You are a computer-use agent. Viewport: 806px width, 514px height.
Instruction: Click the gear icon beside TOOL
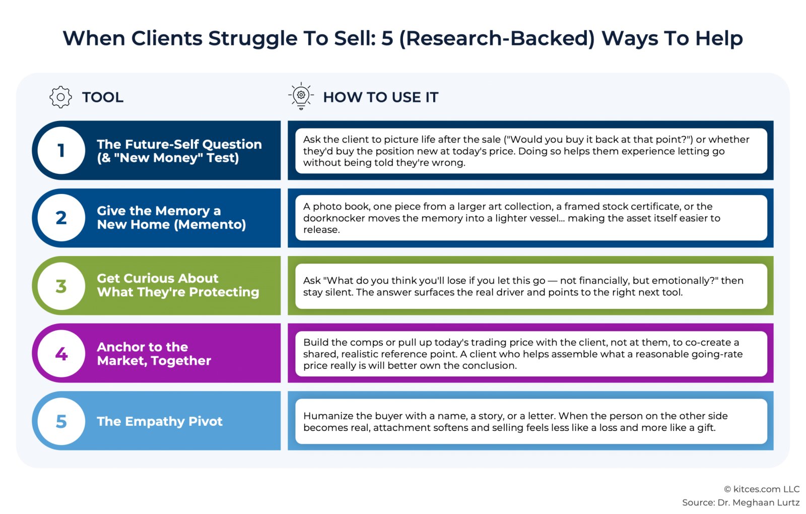pos(60,97)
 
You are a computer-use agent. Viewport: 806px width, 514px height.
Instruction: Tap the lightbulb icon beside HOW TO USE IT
pos(301,96)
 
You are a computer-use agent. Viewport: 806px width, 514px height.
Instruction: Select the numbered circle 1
pos(61,150)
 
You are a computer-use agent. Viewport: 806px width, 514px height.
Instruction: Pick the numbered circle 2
pos(61,218)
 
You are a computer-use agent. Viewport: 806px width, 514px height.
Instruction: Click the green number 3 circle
pos(61,286)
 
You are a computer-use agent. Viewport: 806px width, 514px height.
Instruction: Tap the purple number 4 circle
pos(61,353)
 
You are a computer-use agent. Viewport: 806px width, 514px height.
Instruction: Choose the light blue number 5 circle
pos(61,421)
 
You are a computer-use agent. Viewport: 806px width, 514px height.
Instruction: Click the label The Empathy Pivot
pos(160,421)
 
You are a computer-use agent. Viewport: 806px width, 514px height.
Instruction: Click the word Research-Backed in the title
pos(497,38)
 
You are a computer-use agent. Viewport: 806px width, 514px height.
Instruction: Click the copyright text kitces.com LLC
pos(766,489)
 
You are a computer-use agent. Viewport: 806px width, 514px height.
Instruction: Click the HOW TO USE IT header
pos(381,97)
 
